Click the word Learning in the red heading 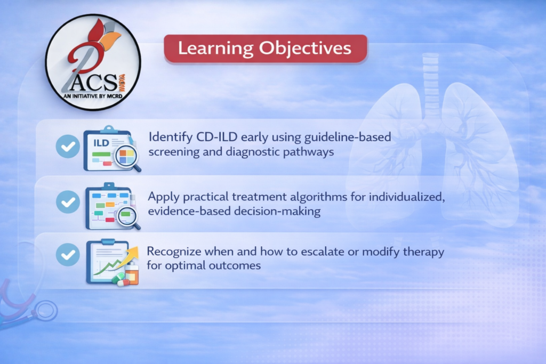[215, 48]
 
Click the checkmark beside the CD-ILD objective [68, 147]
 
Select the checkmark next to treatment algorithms [68, 202]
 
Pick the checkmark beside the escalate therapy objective [68, 255]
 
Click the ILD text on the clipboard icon [101, 143]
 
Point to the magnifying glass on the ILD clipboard [127, 158]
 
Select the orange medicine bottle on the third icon [132, 274]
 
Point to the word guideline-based [348, 137]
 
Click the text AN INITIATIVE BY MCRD [93, 96]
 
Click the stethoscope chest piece [46, 311]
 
